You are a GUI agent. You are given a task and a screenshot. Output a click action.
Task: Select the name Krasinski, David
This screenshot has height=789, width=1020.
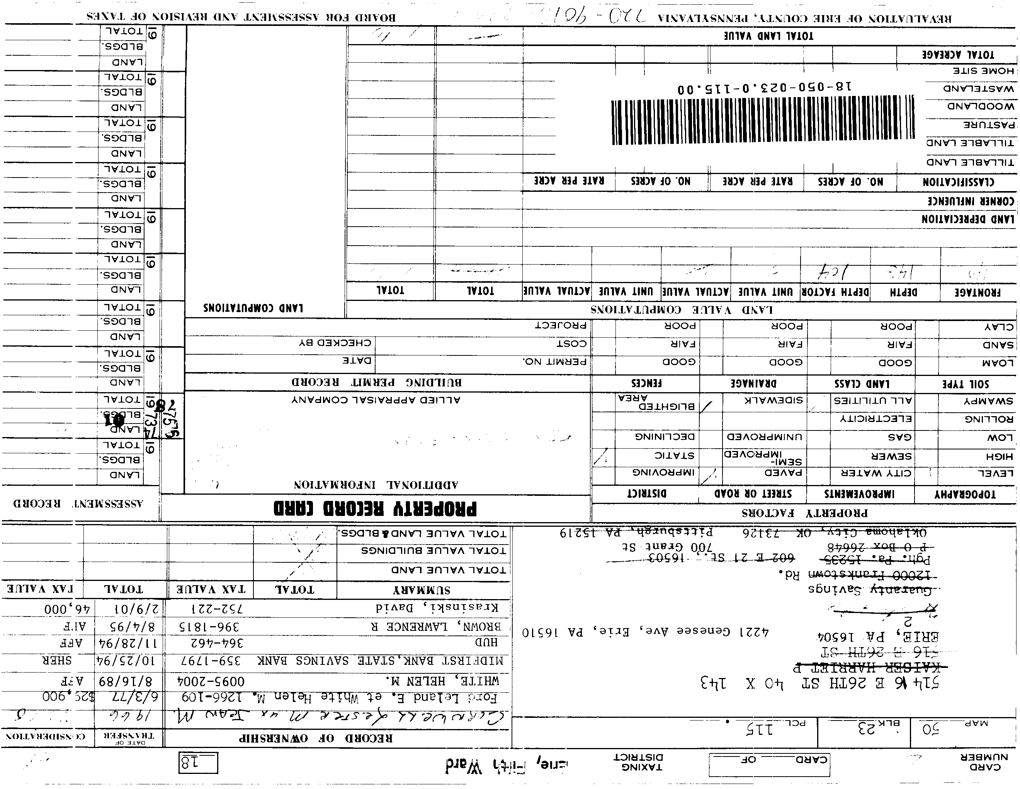pos(437,608)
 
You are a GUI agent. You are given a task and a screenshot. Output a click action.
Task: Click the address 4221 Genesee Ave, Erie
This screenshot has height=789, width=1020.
pos(645,632)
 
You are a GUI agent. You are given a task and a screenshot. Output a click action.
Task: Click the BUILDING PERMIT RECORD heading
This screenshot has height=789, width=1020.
pos(376,383)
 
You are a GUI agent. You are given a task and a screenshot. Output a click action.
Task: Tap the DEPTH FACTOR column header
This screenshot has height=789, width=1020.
pos(835,292)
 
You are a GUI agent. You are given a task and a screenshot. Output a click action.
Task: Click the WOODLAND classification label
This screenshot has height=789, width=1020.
pos(980,106)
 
